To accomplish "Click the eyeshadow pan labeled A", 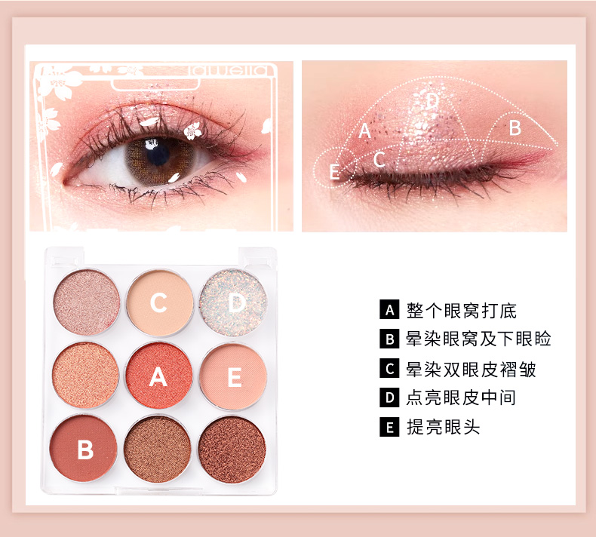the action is click(159, 376).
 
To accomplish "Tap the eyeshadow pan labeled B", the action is click(83, 449).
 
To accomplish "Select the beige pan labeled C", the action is click(160, 302).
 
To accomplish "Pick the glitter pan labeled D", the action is click(232, 302).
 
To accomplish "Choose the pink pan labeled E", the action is click(233, 376).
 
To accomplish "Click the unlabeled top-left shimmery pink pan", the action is click(86, 302).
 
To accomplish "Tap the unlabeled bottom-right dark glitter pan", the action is click(232, 450).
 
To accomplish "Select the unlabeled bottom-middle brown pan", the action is click(158, 450).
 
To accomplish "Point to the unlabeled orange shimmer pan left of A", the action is click(85, 375).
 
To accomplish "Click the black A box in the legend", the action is click(389, 309).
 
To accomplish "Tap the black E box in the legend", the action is click(389, 427).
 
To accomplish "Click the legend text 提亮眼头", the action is click(443, 427).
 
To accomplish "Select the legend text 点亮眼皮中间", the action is click(461, 397).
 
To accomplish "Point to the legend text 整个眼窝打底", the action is click(462, 310).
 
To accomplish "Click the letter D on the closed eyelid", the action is click(432, 101).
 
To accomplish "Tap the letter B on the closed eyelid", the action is click(515, 127).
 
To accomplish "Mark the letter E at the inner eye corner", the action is click(334, 171).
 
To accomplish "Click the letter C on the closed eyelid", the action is click(379, 159).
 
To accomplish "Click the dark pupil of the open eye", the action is click(158, 153).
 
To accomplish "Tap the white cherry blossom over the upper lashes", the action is click(192, 130).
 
